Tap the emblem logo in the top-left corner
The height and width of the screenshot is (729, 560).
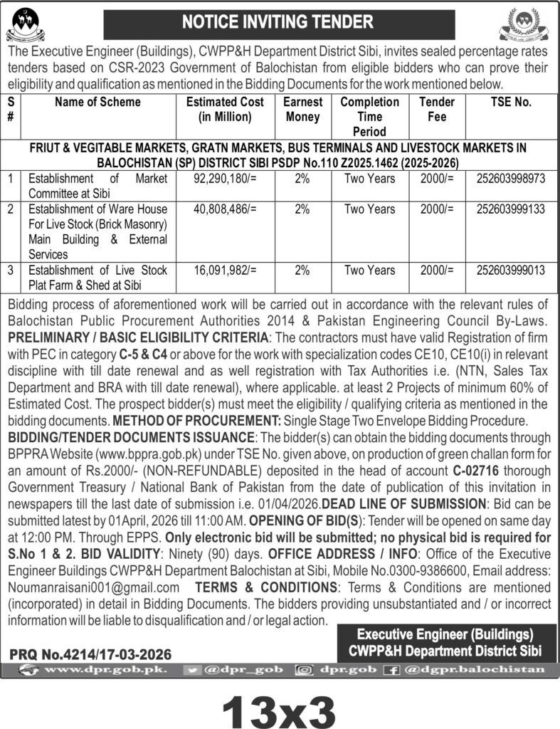(x=24, y=26)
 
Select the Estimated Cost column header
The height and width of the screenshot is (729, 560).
(x=225, y=109)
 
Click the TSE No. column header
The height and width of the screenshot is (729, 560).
(x=511, y=102)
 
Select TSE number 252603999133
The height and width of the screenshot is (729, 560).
(x=511, y=209)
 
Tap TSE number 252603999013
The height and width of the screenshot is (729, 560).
(x=511, y=270)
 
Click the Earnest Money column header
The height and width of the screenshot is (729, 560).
(x=302, y=109)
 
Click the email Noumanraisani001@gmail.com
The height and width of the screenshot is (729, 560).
(x=93, y=587)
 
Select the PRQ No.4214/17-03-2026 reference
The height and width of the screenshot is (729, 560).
(x=90, y=654)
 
